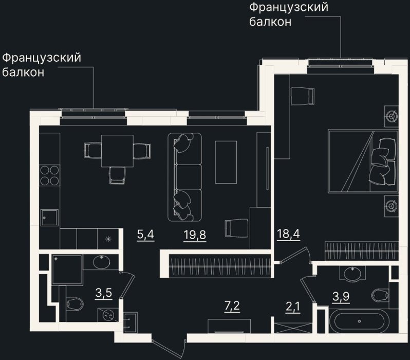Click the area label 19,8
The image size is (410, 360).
point(195,235)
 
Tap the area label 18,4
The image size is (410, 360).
point(288,233)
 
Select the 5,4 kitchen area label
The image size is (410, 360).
point(145,235)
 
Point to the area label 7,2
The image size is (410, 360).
point(232,305)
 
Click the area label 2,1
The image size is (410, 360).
point(293,307)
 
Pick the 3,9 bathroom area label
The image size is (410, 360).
point(341,297)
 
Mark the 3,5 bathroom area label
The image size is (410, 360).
point(104,293)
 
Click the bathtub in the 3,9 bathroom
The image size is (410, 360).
point(359,321)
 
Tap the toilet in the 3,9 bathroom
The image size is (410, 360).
point(380,295)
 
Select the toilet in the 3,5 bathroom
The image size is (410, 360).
point(75,304)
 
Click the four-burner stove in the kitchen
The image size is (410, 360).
point(49,175)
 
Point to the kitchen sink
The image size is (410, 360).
point(49,218)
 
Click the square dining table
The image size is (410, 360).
point(118,151)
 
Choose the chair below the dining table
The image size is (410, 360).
point(118,175)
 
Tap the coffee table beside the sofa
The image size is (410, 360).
point(226,162)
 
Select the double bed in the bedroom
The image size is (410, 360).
point(363,161)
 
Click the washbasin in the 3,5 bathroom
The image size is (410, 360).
point(101,262)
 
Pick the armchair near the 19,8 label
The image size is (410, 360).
point(236,228)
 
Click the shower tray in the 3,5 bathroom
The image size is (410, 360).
point(67,269)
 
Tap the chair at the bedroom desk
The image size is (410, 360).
point(303,96)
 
